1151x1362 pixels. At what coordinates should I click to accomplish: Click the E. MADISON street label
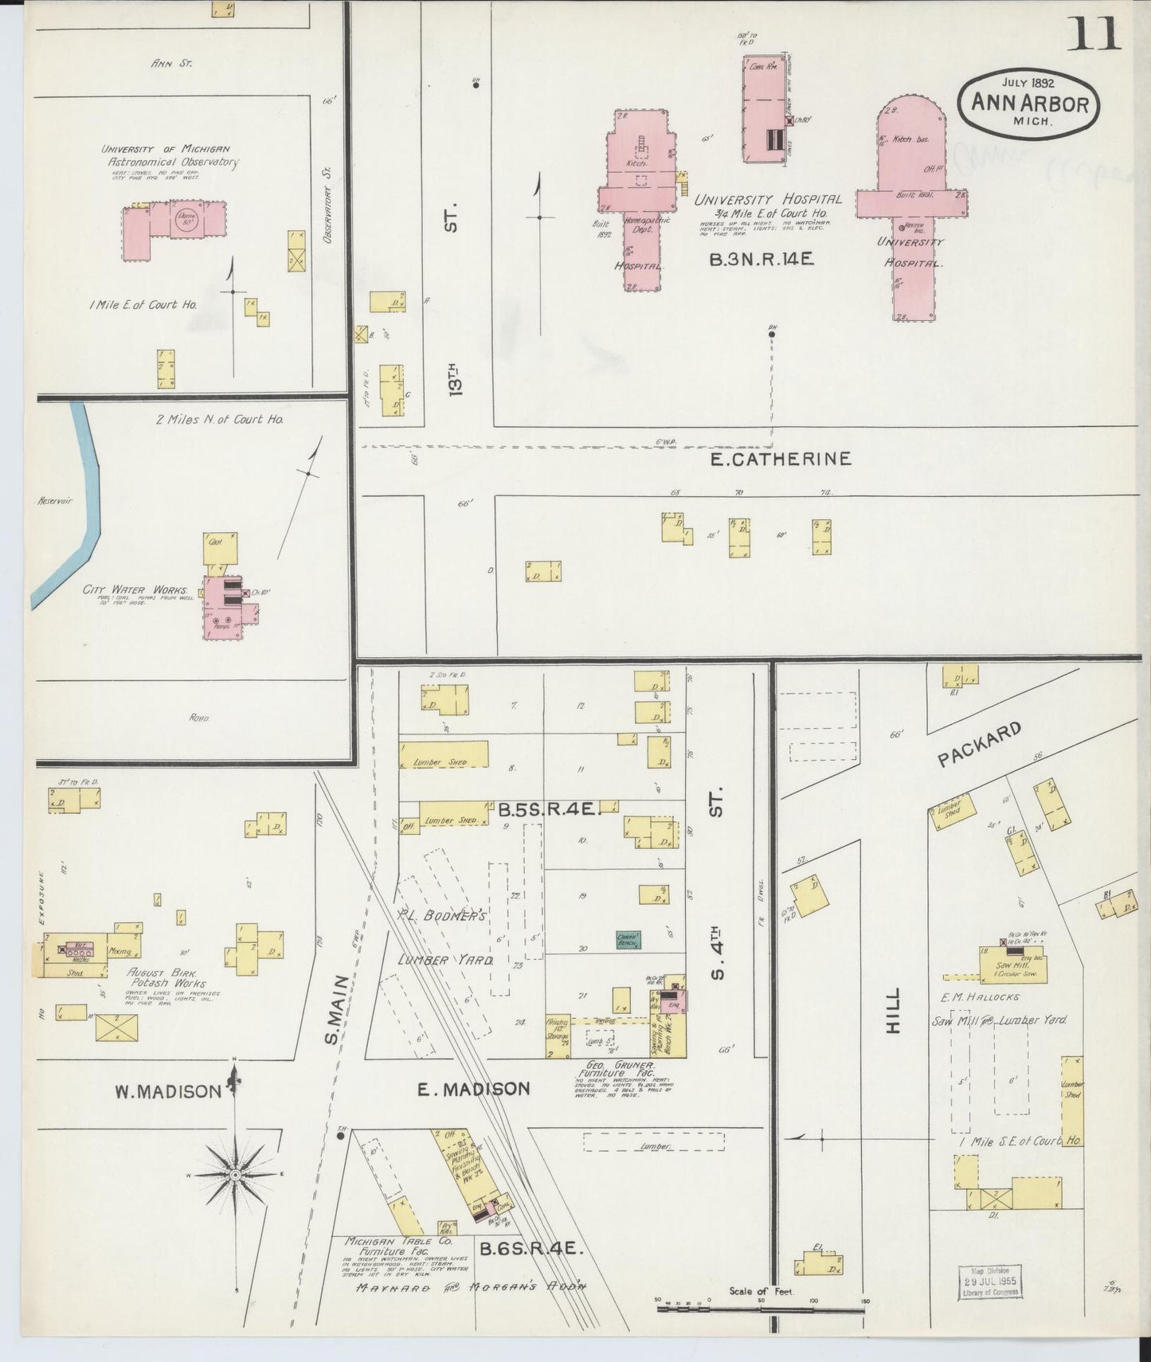pyautogui.click(x=474, y=1089)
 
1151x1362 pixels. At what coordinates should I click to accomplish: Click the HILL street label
pyautogui.click(x=892, y=1011)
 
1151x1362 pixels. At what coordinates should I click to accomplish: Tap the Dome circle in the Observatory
pyautogui.click(x=188, y=219)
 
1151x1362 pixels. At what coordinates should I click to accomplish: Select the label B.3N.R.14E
pyautogui.click(x=761, y=259)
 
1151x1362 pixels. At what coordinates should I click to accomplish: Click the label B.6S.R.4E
pyautogui.click(x=531, y=1249)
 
